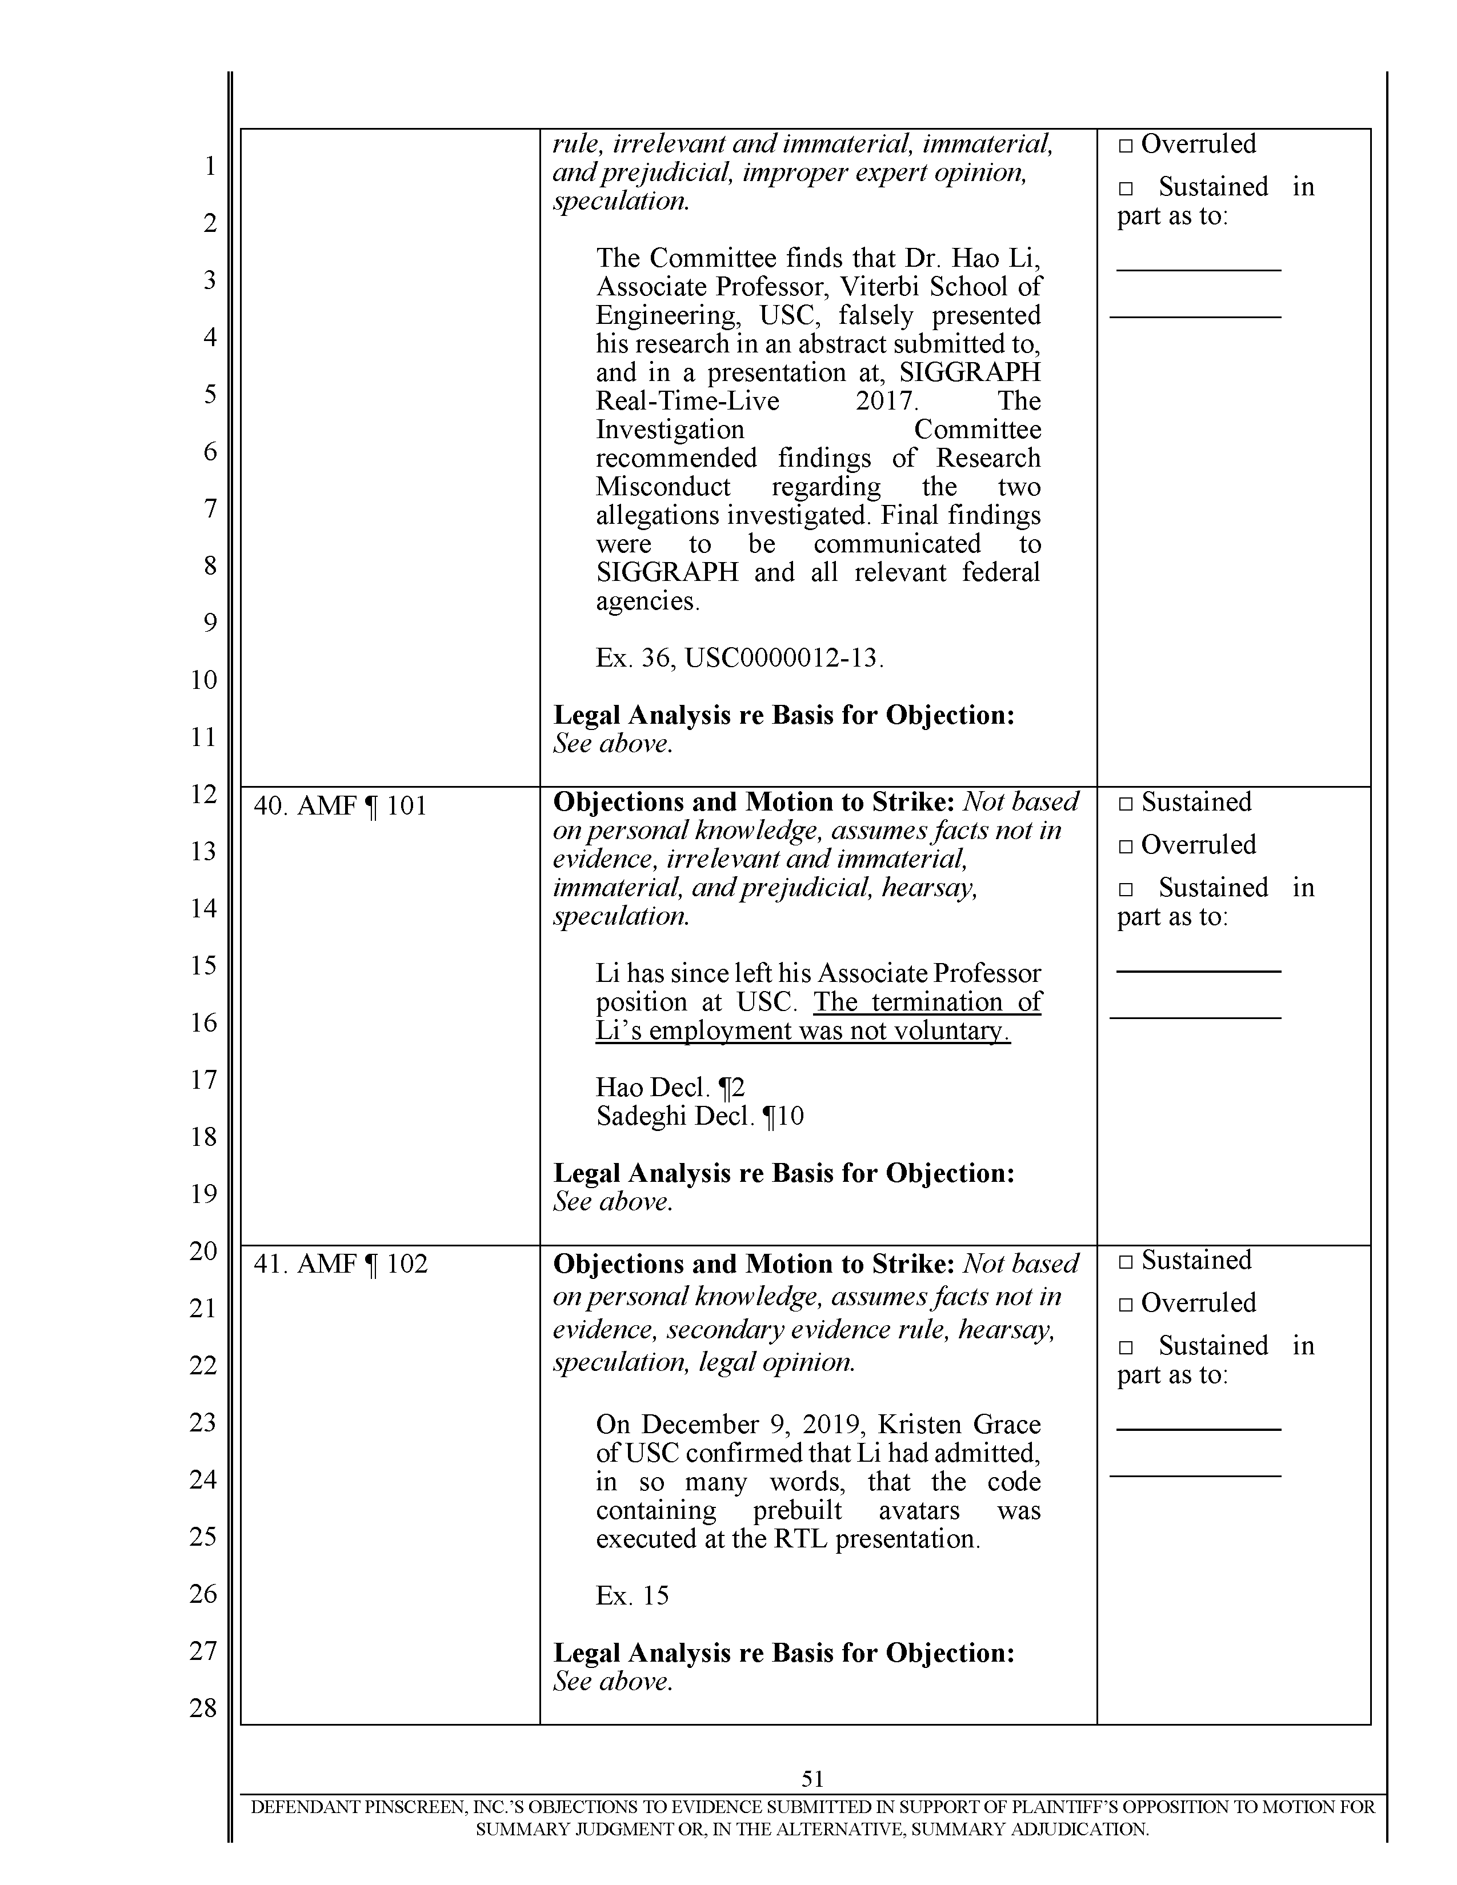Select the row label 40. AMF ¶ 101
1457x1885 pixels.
pos(339,806)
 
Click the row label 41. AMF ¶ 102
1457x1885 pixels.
pos(339,1265)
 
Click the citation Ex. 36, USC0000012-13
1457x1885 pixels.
pos(739,659)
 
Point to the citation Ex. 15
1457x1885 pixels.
pos(632,1596)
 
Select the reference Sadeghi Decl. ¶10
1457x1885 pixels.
pos(699,1117)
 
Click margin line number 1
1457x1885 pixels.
pos(209,166)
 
